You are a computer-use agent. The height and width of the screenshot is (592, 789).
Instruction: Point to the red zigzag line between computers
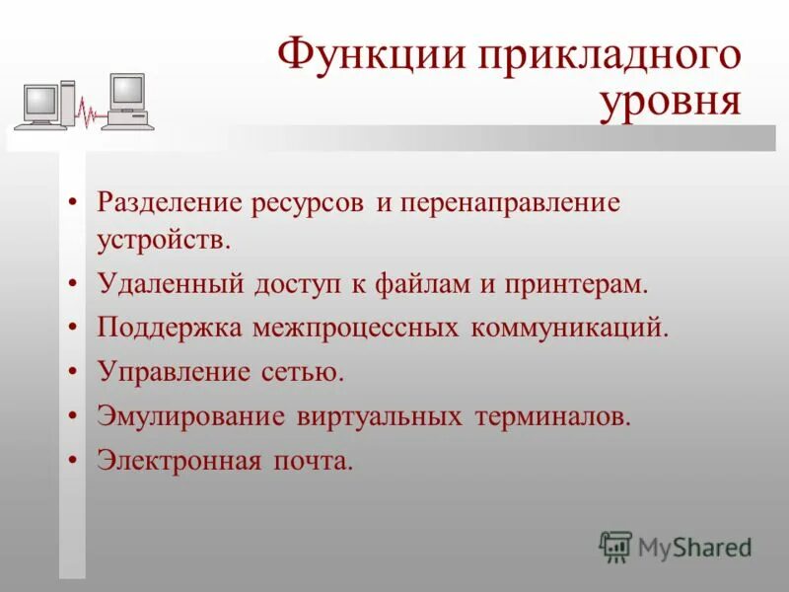(90, 114)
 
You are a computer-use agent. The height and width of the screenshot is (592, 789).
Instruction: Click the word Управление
(175, 372)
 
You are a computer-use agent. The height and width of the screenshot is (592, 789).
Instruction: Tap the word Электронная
(179, 460)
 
